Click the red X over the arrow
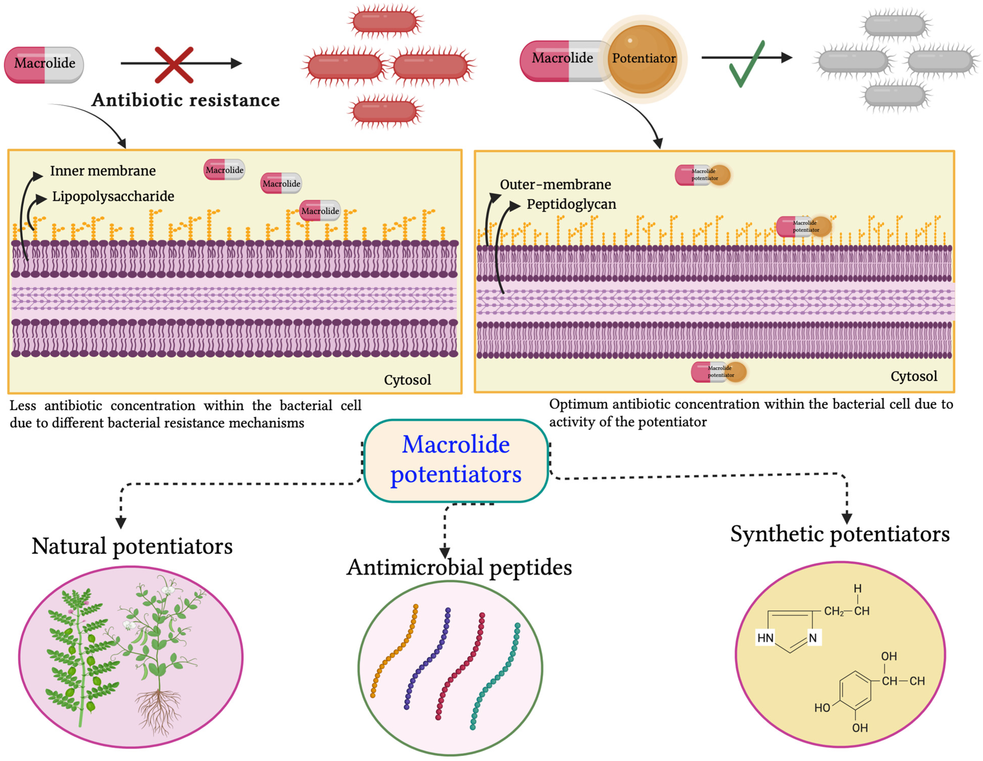tap(174, 65)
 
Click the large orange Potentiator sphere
tap(643, 59)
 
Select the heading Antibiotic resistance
tap(186, 100)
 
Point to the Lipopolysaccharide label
tap(113, 196)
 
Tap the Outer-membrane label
tap(556, 185)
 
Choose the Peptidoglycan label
tap(571, 204)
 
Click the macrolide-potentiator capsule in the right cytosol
tap(719, 372)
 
